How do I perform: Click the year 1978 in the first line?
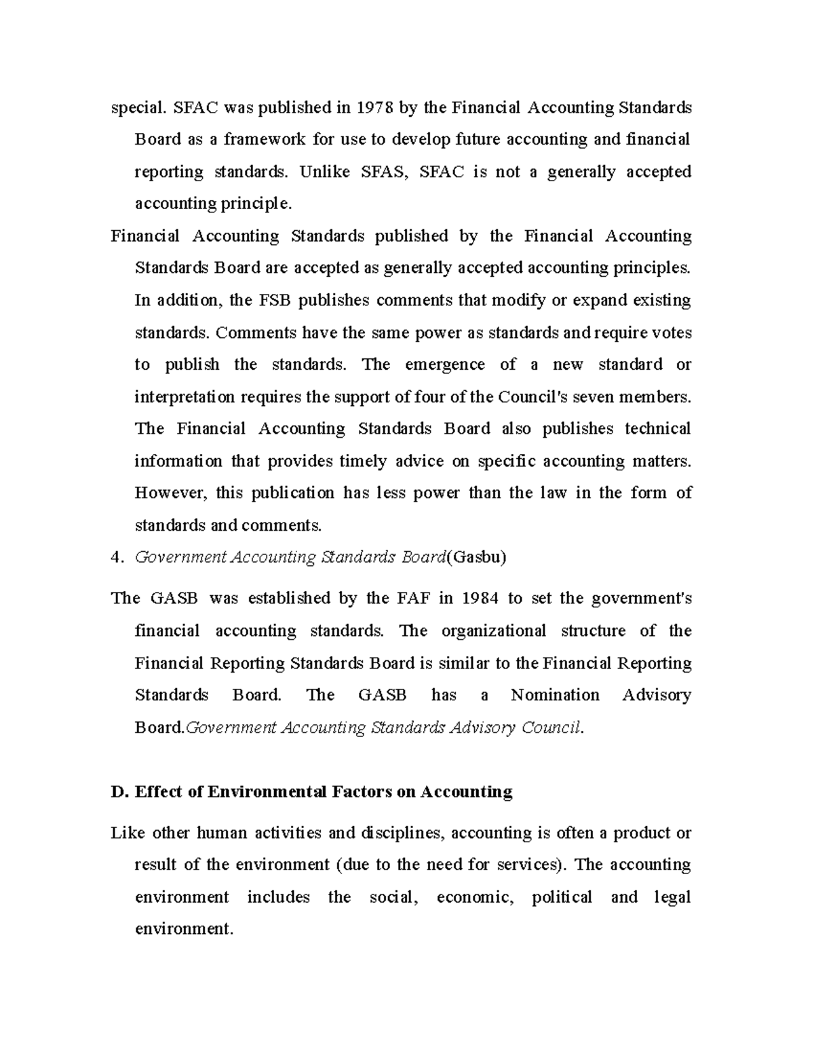pos(374,107)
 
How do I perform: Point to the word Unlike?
pos(325,172)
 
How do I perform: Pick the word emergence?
pos(444,364)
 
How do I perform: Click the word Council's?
pos(532,397)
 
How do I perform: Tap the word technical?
pos(657,429)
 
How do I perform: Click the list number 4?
pos(115,558)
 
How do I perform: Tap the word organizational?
pos(493,631)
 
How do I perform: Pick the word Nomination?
pos(555,695)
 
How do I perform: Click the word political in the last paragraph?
pos(561,897)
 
